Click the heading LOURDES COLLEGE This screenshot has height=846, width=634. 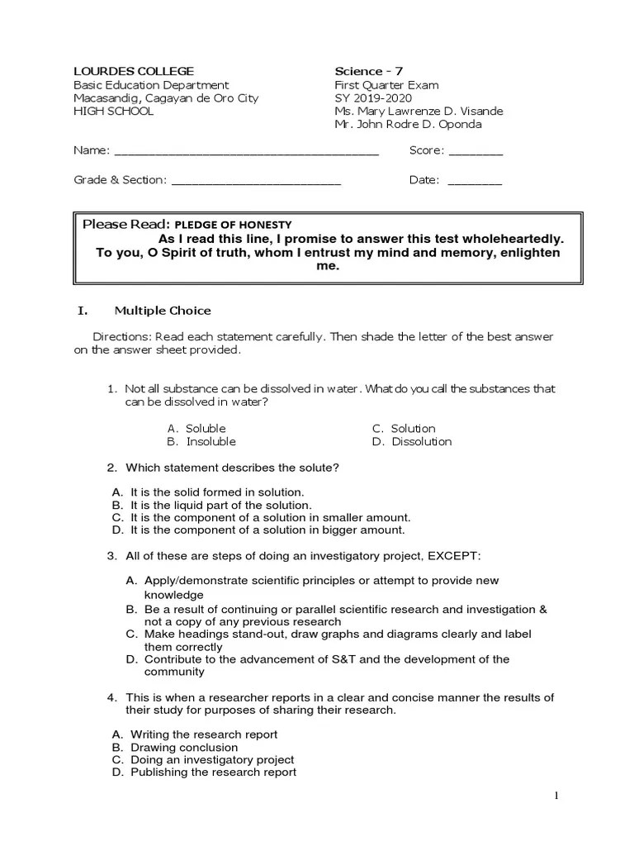click(134, 71)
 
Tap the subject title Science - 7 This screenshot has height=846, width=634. click(368, 71)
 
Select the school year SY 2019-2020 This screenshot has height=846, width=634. click(372, 97)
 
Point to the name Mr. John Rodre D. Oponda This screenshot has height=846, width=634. click(408, 124)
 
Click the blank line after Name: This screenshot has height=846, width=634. click(246, 152)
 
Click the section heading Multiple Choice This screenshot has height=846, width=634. click(163, 311)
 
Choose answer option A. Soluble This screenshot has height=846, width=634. click(196, 428)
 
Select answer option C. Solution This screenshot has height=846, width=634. click(404, 428)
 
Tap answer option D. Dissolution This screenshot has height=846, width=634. click(412, 441)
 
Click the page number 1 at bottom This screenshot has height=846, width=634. click(556, 796)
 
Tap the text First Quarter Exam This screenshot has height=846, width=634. click(386, 84)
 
